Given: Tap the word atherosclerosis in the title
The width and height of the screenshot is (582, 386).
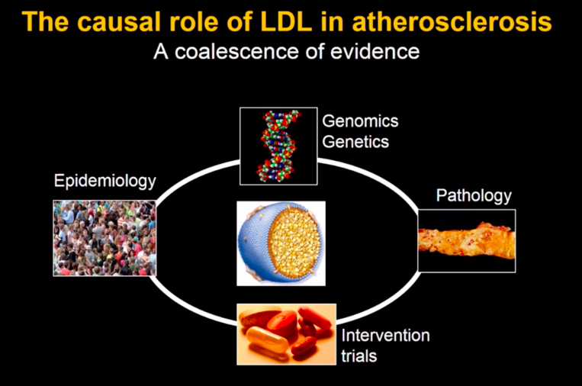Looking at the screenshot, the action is (x=452, y=22).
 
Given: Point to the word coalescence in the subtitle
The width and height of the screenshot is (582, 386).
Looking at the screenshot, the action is (x=236, y=51).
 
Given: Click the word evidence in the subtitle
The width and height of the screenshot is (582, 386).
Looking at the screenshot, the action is (x=375, y=51).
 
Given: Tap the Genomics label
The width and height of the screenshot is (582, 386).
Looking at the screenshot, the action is (x=360, y=121).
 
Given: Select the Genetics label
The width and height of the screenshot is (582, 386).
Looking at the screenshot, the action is (x=355, y=142).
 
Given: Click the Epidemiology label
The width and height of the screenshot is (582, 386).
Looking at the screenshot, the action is (x=105, y=182).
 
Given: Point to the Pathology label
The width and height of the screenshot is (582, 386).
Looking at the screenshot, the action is (x=474, y=196).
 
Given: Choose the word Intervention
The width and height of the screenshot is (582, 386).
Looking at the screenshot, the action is (x=385, y=336).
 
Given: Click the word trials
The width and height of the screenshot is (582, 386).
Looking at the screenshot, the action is (x=359, y=356).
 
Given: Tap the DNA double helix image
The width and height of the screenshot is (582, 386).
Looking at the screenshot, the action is (x=278, y=146).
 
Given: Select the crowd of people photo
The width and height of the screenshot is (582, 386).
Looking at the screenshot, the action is (x=105, y=238).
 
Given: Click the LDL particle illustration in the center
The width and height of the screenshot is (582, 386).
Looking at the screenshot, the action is (x=281, y=243).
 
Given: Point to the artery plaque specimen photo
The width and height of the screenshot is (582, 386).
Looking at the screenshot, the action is (x=467, y=241).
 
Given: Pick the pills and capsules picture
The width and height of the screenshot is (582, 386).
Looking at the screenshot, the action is (x=287, y=334).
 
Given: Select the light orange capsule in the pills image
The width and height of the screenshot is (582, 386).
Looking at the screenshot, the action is (x=267, y=339).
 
